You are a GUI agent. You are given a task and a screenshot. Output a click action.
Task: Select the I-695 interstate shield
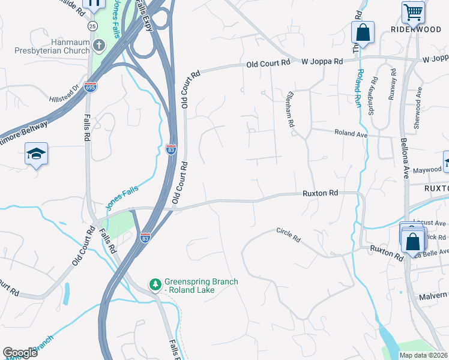(91, 86)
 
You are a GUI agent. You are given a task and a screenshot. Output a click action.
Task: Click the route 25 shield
(92, 26)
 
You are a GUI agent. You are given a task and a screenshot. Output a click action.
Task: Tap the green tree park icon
(155, 283)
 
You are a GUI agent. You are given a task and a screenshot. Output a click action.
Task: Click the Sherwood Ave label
(417, 107)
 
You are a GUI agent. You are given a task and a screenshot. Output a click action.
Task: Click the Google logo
(20, 353)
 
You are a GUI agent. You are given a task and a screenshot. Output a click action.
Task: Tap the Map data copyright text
(423, 355)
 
